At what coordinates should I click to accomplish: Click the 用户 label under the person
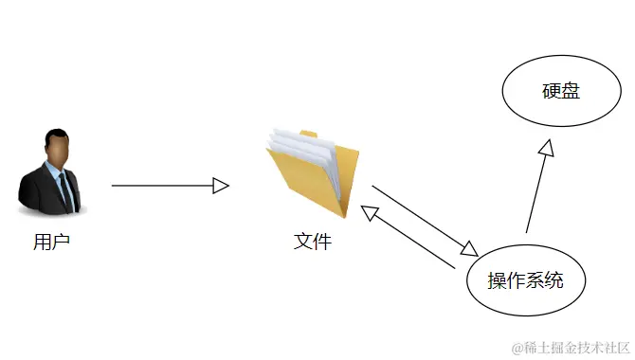52,242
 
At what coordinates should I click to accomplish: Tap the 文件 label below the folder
313,242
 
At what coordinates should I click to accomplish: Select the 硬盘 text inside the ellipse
560,92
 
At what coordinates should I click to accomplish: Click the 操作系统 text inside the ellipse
525,280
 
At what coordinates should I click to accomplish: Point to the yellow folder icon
314,175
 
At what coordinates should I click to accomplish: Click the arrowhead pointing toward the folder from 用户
221,186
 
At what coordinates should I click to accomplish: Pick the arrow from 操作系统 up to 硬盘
536,189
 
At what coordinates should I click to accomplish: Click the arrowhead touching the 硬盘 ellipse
546,147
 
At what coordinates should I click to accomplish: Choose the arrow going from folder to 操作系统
422,219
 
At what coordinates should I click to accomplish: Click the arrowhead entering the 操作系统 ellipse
468,248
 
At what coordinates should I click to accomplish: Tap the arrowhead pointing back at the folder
371,212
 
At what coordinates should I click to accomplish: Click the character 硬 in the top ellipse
551,92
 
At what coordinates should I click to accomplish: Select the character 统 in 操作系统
554,280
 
